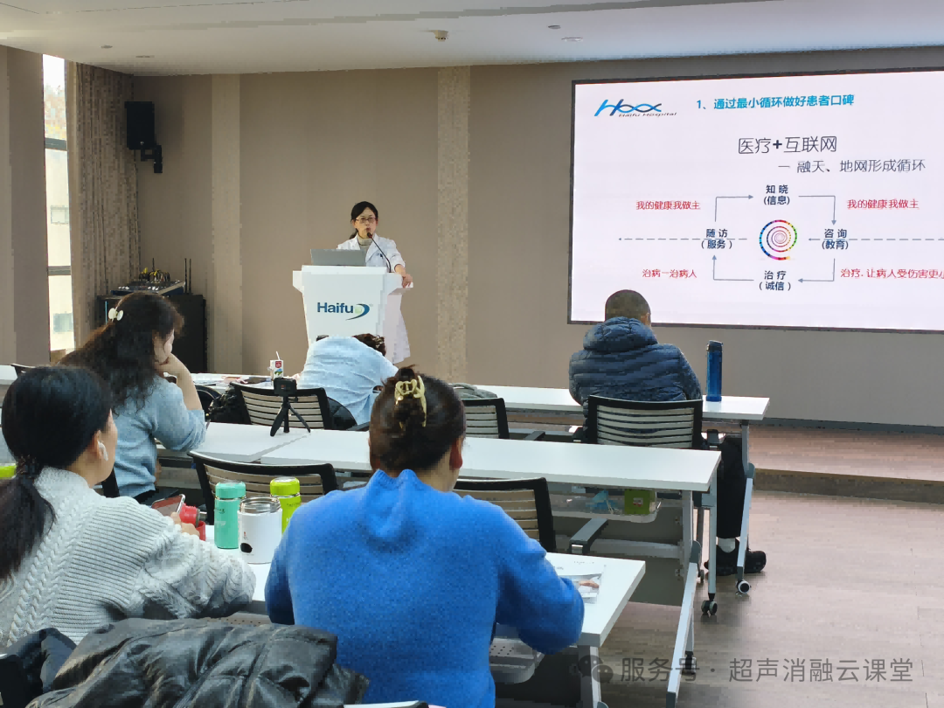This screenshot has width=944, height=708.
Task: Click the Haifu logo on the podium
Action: pos(343,309)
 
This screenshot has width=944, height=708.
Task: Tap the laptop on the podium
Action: pos(338,257)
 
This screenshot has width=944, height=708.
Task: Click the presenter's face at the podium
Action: pos(365,216)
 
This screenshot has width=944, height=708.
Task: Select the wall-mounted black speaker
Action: pos(140,126)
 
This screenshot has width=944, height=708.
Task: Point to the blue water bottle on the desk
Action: pos(714,371)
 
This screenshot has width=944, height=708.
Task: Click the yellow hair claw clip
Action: pos(411,390)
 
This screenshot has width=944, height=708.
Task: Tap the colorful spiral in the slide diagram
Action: pos(777,239)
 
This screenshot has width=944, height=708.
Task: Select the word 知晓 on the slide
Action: pos(776,188)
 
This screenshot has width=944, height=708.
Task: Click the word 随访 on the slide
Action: pos(717,233)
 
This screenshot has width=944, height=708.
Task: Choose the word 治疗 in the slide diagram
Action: pos(776,274)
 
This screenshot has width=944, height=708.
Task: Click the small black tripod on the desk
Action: pos(285,404)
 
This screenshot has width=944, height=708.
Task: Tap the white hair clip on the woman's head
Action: pos(115,313)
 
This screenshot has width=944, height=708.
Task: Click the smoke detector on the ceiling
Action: pos(441,35)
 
